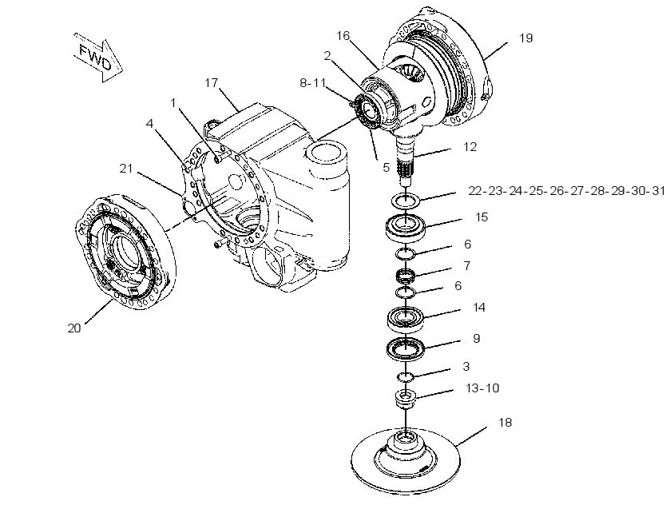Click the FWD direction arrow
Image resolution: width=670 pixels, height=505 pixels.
tap(98, 58)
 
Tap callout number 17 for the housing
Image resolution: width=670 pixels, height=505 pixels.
tap(212, 82)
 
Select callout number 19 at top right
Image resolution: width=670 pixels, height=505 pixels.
tap(526, 38)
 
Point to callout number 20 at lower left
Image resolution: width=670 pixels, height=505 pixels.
tap(74, 328)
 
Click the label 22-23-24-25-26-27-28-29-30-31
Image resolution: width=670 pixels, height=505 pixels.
tap(567, 191)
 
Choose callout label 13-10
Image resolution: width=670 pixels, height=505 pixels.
tap(482, 388)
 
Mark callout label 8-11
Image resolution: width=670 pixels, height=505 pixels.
tap(313, 82)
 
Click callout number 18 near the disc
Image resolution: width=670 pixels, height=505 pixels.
tap(505, 423)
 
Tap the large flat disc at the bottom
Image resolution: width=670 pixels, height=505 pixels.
tap(405, 461)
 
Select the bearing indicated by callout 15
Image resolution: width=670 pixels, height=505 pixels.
tap(406, 228)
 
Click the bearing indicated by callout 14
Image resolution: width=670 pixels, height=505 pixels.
tap(406, 319)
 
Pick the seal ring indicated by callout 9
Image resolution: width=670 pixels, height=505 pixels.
tap(406, 348)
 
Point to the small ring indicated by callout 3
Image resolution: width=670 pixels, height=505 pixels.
tap(406, 376)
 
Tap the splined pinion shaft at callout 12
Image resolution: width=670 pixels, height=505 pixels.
tap(406, 161)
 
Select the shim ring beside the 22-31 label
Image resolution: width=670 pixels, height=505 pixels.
tap(406, 200)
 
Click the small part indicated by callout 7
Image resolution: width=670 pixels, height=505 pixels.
tap(406, 275)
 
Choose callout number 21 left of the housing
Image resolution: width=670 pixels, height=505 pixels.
tap(126, 169)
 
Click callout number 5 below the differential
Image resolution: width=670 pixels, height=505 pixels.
tap(387, 167)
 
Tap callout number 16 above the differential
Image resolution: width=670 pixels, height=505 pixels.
tap(343, 35)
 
